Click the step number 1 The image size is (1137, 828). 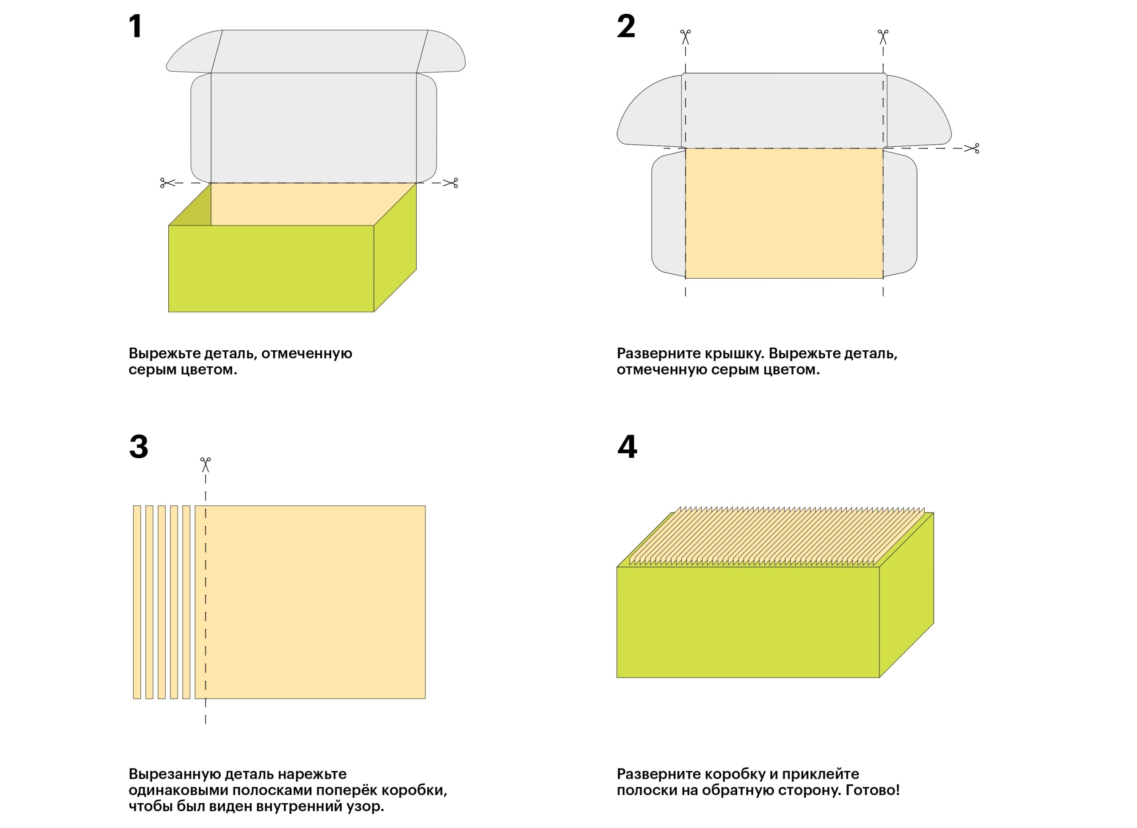pos(135,26)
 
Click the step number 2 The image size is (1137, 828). pos(626,26)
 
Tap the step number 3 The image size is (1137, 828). pos(139,446)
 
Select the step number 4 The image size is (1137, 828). pos(627,446)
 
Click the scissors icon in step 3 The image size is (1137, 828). pos(206,464)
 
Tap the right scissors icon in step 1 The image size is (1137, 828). pos(451,183)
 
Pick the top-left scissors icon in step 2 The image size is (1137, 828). pos(685,36)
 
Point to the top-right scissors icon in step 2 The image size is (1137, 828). pos(883,36)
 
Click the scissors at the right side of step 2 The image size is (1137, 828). pos(972,148)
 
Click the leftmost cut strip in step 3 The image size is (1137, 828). pos(137,602)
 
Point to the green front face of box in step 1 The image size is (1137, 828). pos(271,268)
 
